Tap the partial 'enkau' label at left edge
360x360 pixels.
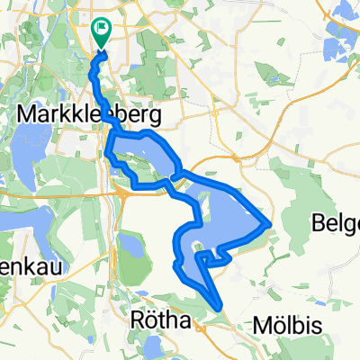coord(18,246)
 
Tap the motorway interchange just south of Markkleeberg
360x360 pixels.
coord(119,190)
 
